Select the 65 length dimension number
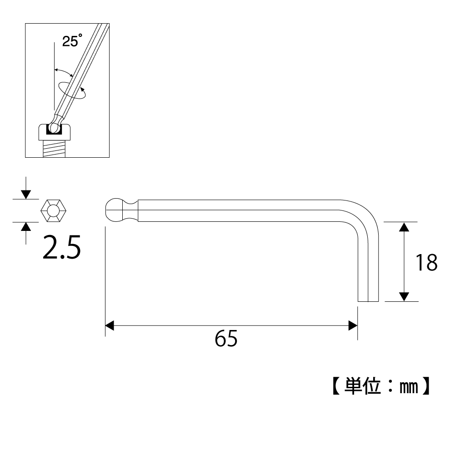pos(226,339)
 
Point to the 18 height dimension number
pos(426,263)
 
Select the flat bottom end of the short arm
pos(368,301)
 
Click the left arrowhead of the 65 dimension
pos(110,325)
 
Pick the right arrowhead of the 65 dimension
pos(352,325)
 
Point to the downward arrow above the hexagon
pos(26,193)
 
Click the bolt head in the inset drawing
pos(55,132)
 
